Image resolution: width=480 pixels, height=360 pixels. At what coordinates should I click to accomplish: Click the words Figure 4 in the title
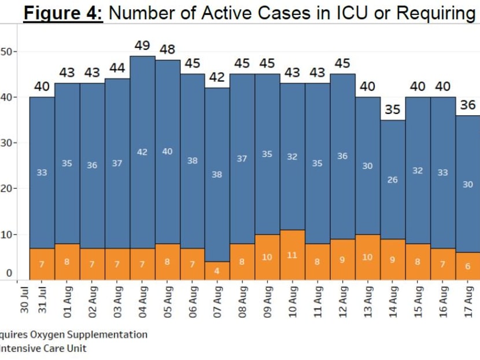(x=63, y=13)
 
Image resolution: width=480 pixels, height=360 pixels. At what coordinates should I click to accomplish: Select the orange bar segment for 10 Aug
(x=292, y=255)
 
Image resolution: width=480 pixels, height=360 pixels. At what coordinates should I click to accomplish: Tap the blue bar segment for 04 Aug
(x=142, y=152)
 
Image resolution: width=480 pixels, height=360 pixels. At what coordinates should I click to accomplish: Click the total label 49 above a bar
(x=142, y=45)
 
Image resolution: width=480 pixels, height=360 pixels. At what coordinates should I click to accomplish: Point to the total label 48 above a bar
(x=167, y=50)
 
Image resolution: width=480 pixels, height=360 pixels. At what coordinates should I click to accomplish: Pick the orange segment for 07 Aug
(x=217, y=270)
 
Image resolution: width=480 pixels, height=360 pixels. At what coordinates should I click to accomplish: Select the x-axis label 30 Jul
(x=25, y=301)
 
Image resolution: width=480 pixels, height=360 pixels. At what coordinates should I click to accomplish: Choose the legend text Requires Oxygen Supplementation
(x=73, y=335)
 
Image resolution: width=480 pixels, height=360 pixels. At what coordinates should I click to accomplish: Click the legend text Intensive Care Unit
(x=43, y=348)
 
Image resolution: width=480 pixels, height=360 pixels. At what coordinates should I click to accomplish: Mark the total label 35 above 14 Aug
(x=393, y=109)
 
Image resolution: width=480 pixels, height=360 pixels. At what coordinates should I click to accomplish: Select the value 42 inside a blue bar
(x=142, y=152)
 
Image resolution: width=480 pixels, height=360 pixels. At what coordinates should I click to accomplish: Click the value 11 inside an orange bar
(x=292, y=255)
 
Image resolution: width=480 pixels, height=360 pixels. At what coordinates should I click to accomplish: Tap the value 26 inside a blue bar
(x=393, y=180)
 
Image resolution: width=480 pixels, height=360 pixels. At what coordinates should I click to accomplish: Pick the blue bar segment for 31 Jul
(x=42, y=172)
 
